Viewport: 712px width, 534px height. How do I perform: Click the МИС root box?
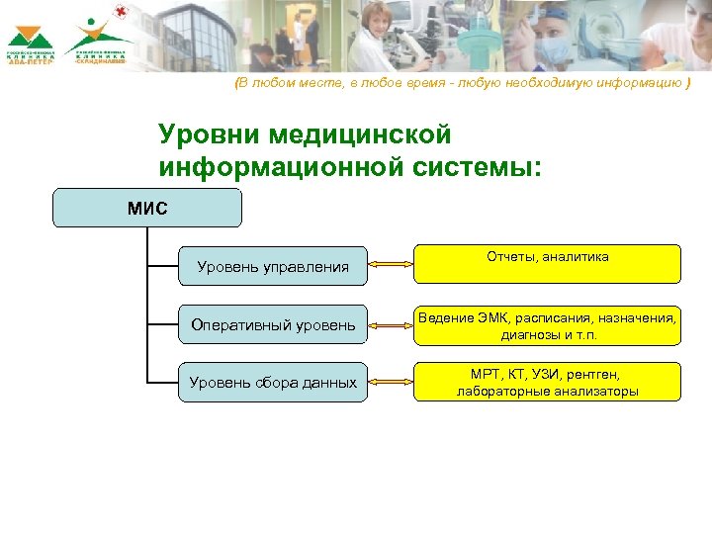click(147, 209)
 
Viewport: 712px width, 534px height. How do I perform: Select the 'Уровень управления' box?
click(273, 266)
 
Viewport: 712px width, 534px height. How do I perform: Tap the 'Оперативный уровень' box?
click(273, 324)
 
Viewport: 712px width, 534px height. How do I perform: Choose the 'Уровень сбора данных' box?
click(273, 382)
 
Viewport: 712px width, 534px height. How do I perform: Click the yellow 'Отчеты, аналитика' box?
click(547, 264)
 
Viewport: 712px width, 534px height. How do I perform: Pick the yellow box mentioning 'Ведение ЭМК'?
click(547, 325)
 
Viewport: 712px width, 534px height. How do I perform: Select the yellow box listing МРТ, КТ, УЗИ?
click(547, 382)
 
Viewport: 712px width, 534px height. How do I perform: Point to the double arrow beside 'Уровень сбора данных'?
click(390, 382)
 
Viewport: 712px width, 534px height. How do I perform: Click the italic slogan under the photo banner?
click(462, 84)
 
